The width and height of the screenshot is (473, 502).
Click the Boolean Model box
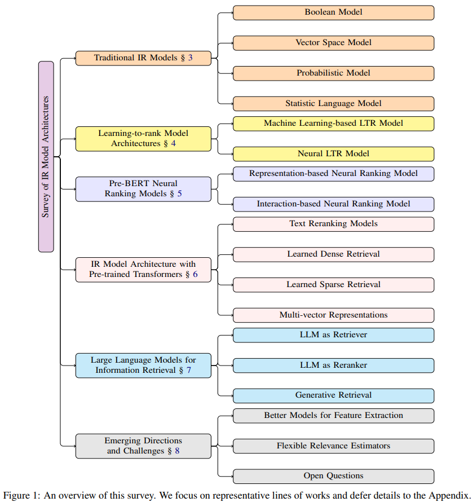pyautogui.click(x=333, y=12)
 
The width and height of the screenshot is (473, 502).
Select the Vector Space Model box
pyautogui.click(x=333, y=43)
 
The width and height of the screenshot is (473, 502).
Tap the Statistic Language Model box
pyautogui.click(x=333, y=103)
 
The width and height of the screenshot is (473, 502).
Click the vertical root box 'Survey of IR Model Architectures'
pyautogui.click(x=46, y=156)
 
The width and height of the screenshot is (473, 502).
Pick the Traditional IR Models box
pyautogui.click(x=143, y=58)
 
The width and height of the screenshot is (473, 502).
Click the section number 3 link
pyautogui.click(x=191, y=58)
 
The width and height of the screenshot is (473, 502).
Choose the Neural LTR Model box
pyautogui.click(x=333, y=154)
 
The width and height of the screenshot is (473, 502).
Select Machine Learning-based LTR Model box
pyautogui.click(x=333, y=124)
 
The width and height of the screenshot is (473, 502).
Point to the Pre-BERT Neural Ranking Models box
pyautogui.click(x=143, y=189)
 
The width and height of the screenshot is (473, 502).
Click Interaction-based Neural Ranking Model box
pyautogui.click(x=333, y=204)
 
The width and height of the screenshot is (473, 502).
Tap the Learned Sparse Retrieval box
pyautogui.click(x=333, y=285)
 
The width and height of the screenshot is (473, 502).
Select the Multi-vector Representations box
pyautogui.click(x=333, y=315)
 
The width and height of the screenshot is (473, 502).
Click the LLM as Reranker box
pyautogui.click(x=333, y=366)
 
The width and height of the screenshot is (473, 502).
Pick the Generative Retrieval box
pyautogui.click(x=333, y=395)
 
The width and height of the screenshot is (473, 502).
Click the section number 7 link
pyautogui.click(x=189, y=371)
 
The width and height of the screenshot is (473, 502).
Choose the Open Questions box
pyautogui.click(x=333, y=476)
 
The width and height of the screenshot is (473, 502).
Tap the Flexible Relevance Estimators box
pyautogui.click(x=333, y=446)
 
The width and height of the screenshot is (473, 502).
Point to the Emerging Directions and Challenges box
pyautogui.click(x=143, y=446)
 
